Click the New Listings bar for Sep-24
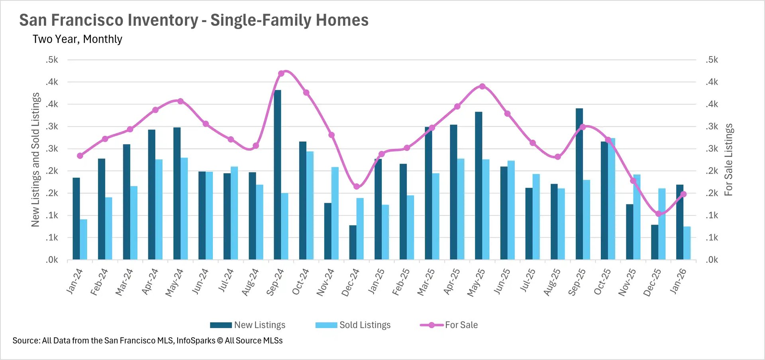[x=277, y=175]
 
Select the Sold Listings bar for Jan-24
[x=84, y=240]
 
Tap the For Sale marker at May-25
[x=482, y=86]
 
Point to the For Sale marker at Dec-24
[x=357, y=186]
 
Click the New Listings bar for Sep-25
[x=579, y=184]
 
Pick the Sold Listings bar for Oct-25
[x=612, y=199]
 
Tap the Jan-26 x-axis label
[x=678, y=281]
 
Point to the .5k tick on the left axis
[x=52, y=60]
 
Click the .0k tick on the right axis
[x=712, y=260]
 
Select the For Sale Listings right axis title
[x=728, y=160]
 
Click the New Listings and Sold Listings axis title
[x=35, y=160]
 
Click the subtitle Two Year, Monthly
[x=77, y=39]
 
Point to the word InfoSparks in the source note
[x=196, y=340]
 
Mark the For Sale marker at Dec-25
[x=658, y=214]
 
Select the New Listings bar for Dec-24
[x=353, y=243]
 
